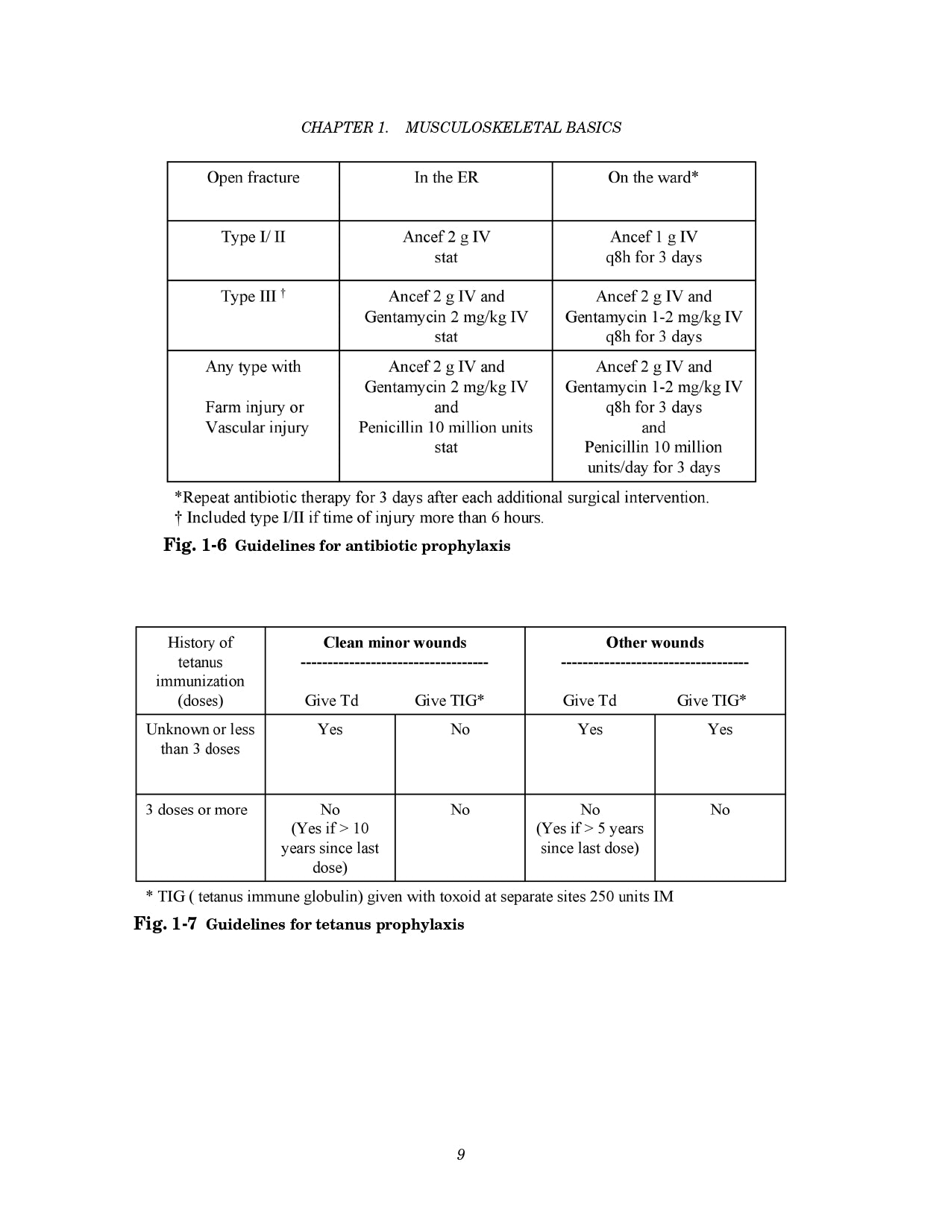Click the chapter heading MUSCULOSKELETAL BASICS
pos(512,127)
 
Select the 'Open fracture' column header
pos(253,177)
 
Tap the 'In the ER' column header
pos(446,177)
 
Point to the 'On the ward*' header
pos(653,177)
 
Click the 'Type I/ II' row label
pos(253,237)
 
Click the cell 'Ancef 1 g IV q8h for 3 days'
pos(653,247)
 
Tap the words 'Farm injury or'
pos(254,407)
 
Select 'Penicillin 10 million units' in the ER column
pos(446,427)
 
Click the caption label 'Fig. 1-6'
pos(195,545)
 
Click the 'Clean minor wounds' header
pos(395,643)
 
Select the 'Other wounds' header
pos(655,643)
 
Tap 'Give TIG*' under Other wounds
pos(712,701)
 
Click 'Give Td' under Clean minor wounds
pos(331,701)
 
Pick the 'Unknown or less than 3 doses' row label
pos(200,739)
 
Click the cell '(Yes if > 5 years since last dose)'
pos(589,838)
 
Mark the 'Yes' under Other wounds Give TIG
pos(720,729)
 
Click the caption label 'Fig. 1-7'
pos(165,924)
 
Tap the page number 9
pos(461,1155)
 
